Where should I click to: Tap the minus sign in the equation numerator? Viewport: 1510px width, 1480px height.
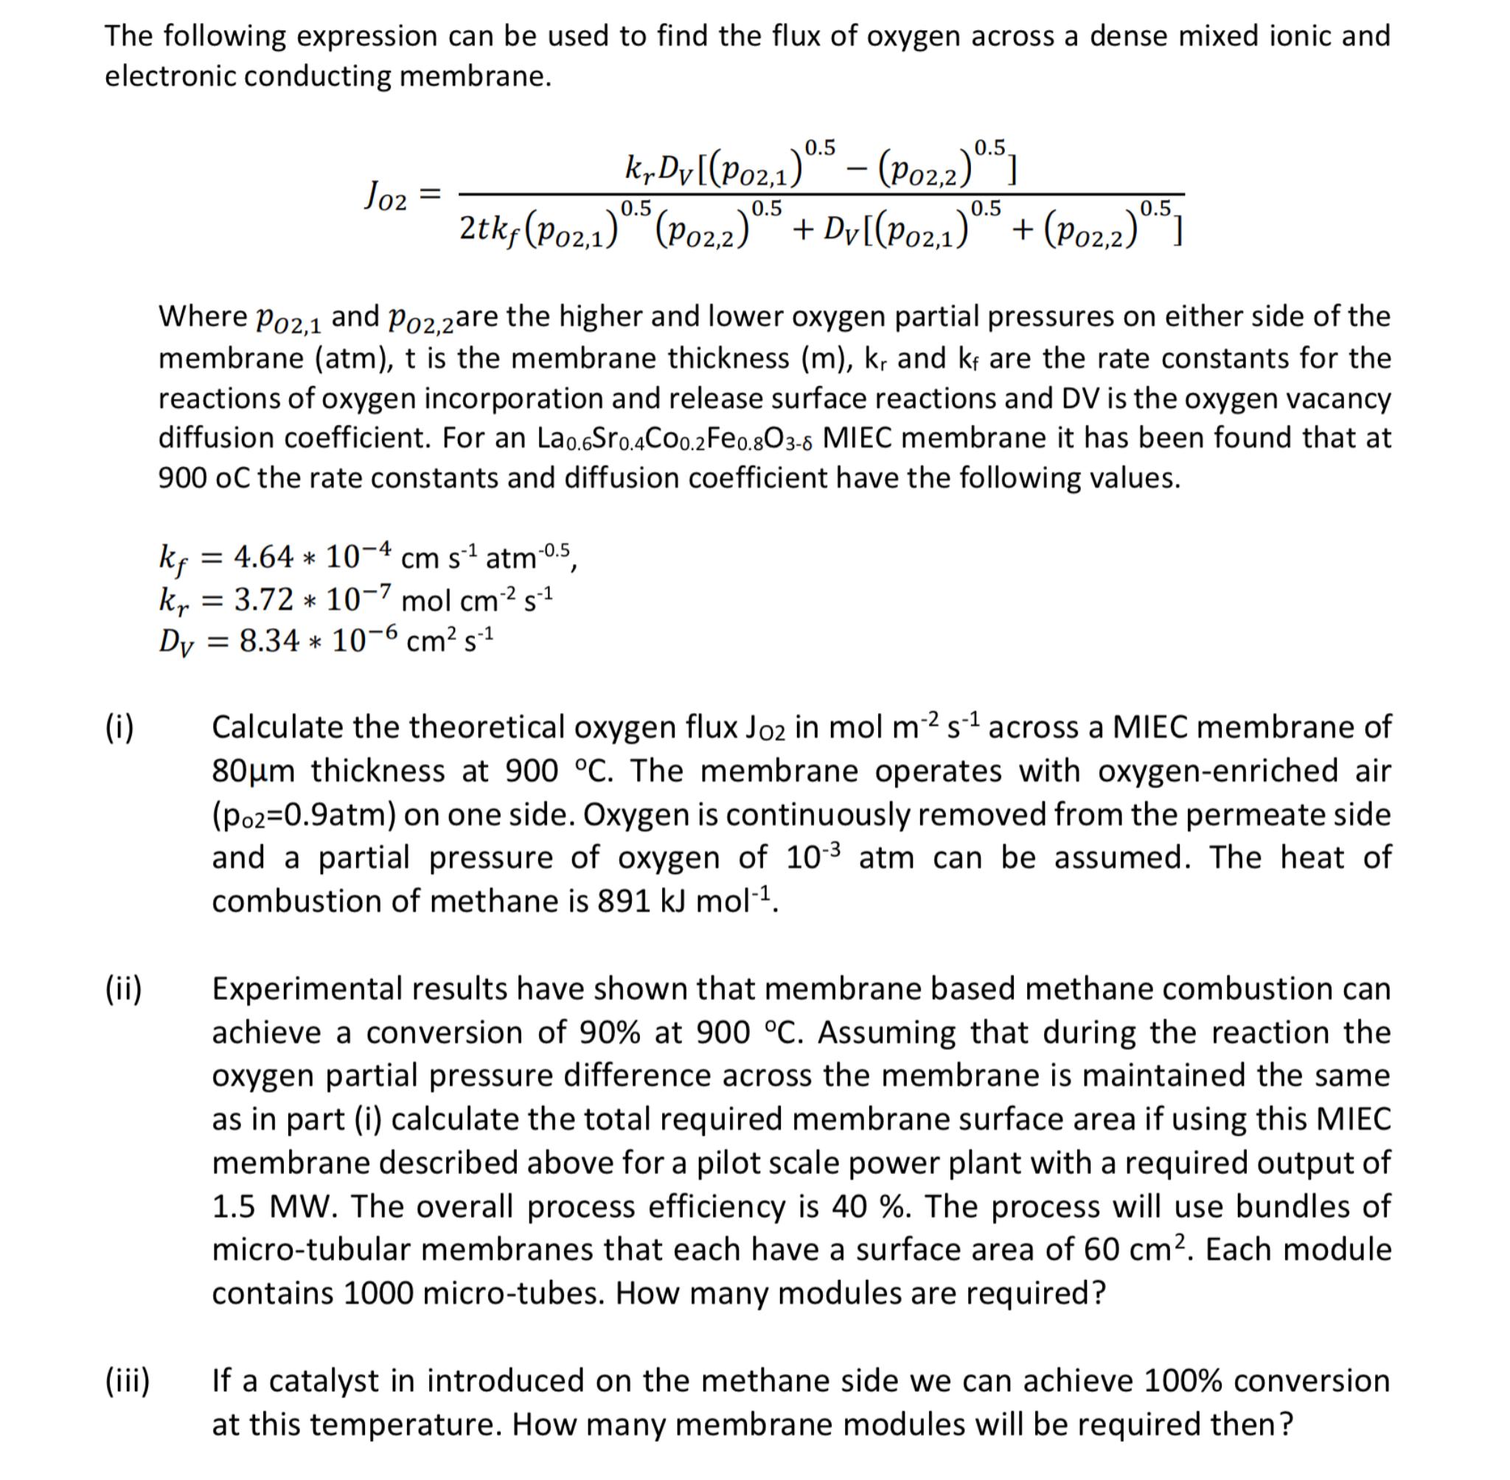coord(855,170)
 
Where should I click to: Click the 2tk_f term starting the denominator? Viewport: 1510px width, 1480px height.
coord(489,229)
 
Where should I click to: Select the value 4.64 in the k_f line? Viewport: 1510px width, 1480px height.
coord(263,557)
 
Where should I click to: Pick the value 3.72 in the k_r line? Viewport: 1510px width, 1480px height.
coord(264,599)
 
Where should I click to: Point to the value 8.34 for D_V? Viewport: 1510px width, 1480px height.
coord(269,641)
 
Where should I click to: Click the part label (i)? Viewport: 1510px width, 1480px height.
coord(119,728)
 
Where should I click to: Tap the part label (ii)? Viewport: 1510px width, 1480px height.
coord(124,990)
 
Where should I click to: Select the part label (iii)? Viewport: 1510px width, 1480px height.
coord(128,1381)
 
